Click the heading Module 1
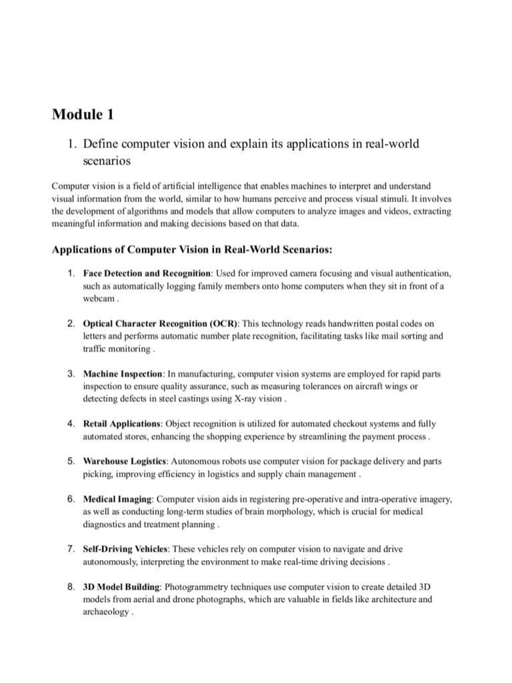pos(83,115)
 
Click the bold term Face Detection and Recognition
pos(146,273)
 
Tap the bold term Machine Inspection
pos(123,374)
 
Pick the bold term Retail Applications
pos(122,424)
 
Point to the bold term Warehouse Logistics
pos(125,461)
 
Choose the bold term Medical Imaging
pos(117,499)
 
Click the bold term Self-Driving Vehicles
pos(126,549)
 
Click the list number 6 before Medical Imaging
pos(70,499)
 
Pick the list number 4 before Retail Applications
pos(70,424)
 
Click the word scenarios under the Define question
pos(107,161)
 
